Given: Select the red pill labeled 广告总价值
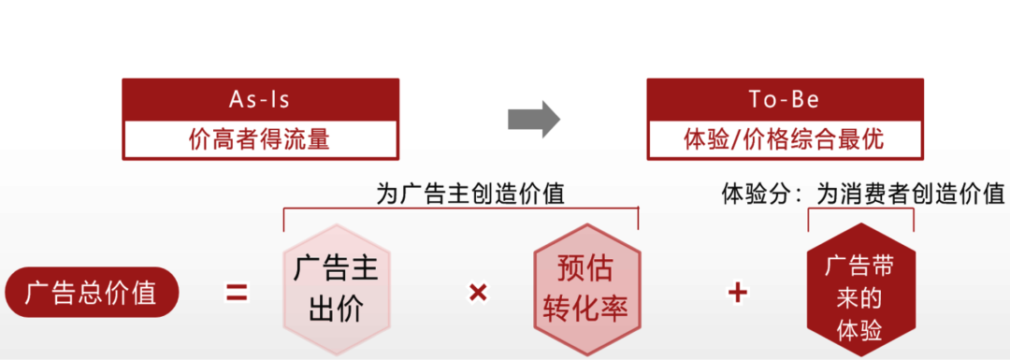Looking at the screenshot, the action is pyautogui.click(x=90, y=293).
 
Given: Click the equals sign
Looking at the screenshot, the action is pyautogui.click(x=237, y=293).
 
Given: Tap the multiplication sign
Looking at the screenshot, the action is pyautogui.click(x=478, y=293).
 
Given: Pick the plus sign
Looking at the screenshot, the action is pyautogui.click(x=738, y=293).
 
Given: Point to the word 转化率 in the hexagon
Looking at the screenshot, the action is pyautogui.click(x=586, y=309).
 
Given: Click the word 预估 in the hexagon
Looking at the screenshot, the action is pyautogui.click(x=586, y=270).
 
